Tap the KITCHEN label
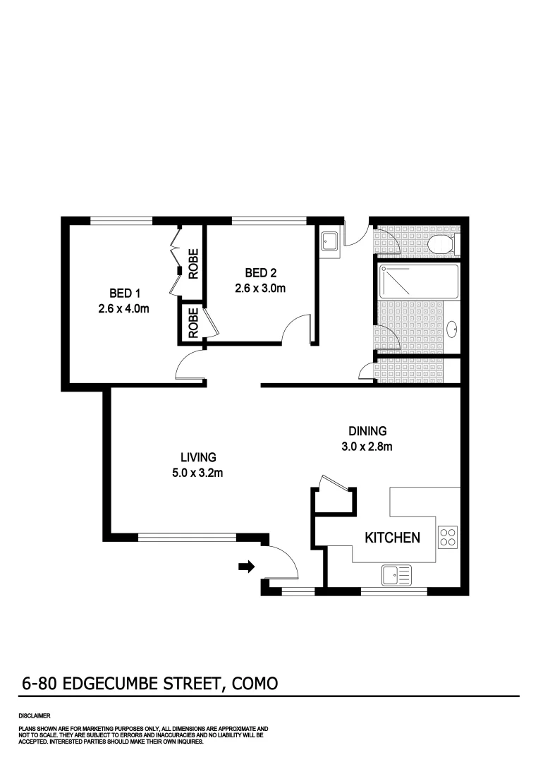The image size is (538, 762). [392, 538]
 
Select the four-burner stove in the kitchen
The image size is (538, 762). [447, 538]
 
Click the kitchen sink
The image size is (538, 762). [397, 576]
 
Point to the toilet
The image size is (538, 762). [441, 245]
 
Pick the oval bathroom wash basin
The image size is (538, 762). [452, 328]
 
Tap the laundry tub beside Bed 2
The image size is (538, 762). [330, 240]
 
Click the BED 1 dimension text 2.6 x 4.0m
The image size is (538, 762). [124, 308]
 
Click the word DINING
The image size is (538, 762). [367, 431]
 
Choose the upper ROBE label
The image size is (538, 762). [193, 263]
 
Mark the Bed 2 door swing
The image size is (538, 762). [297, 330]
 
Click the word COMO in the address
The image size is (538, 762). [252, 683]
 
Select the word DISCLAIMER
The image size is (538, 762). [35, 715]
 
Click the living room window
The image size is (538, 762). [187, 537]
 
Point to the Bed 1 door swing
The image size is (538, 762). [189, 367]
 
